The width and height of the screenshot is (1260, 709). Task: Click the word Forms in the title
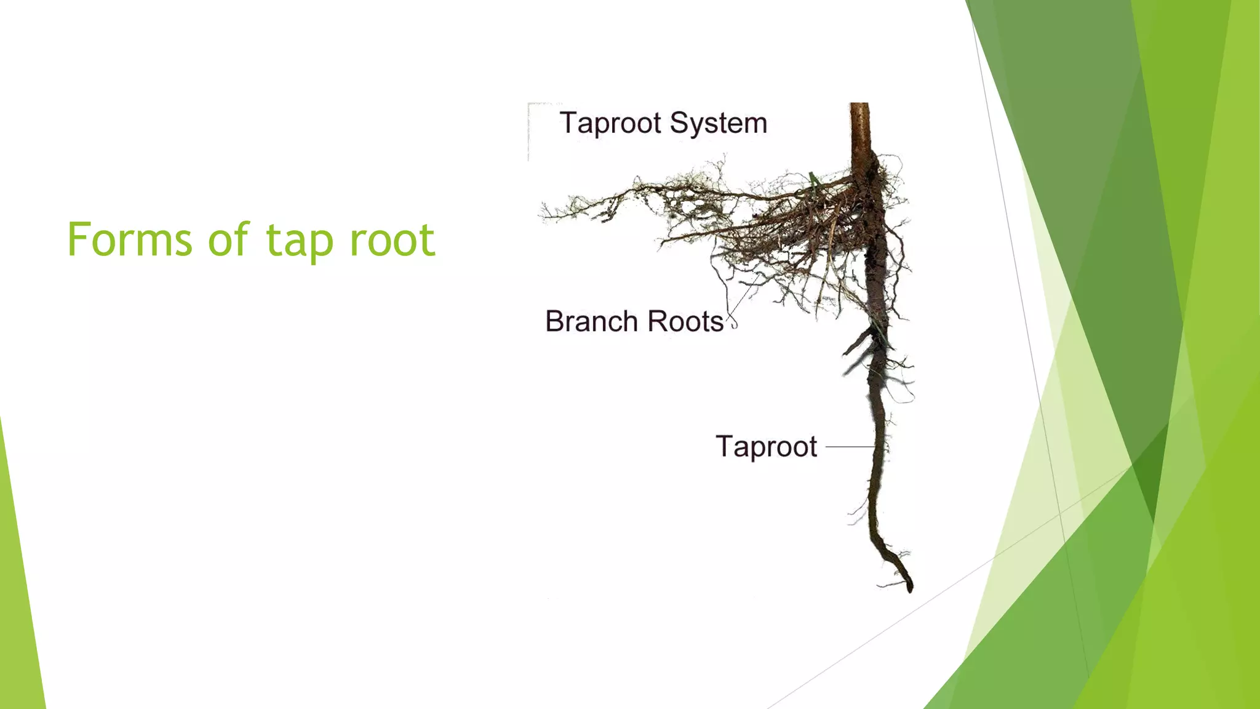[x=130, y=239]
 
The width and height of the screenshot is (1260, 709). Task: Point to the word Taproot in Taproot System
[x=610, y=124]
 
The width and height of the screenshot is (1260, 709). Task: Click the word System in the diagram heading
[x=718, y=124]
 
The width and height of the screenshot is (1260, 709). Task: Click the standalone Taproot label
[x=766, y=446]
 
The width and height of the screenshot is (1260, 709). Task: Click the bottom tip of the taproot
[x=909, y=588]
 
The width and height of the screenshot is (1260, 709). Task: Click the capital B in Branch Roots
[x=554, y=321]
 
